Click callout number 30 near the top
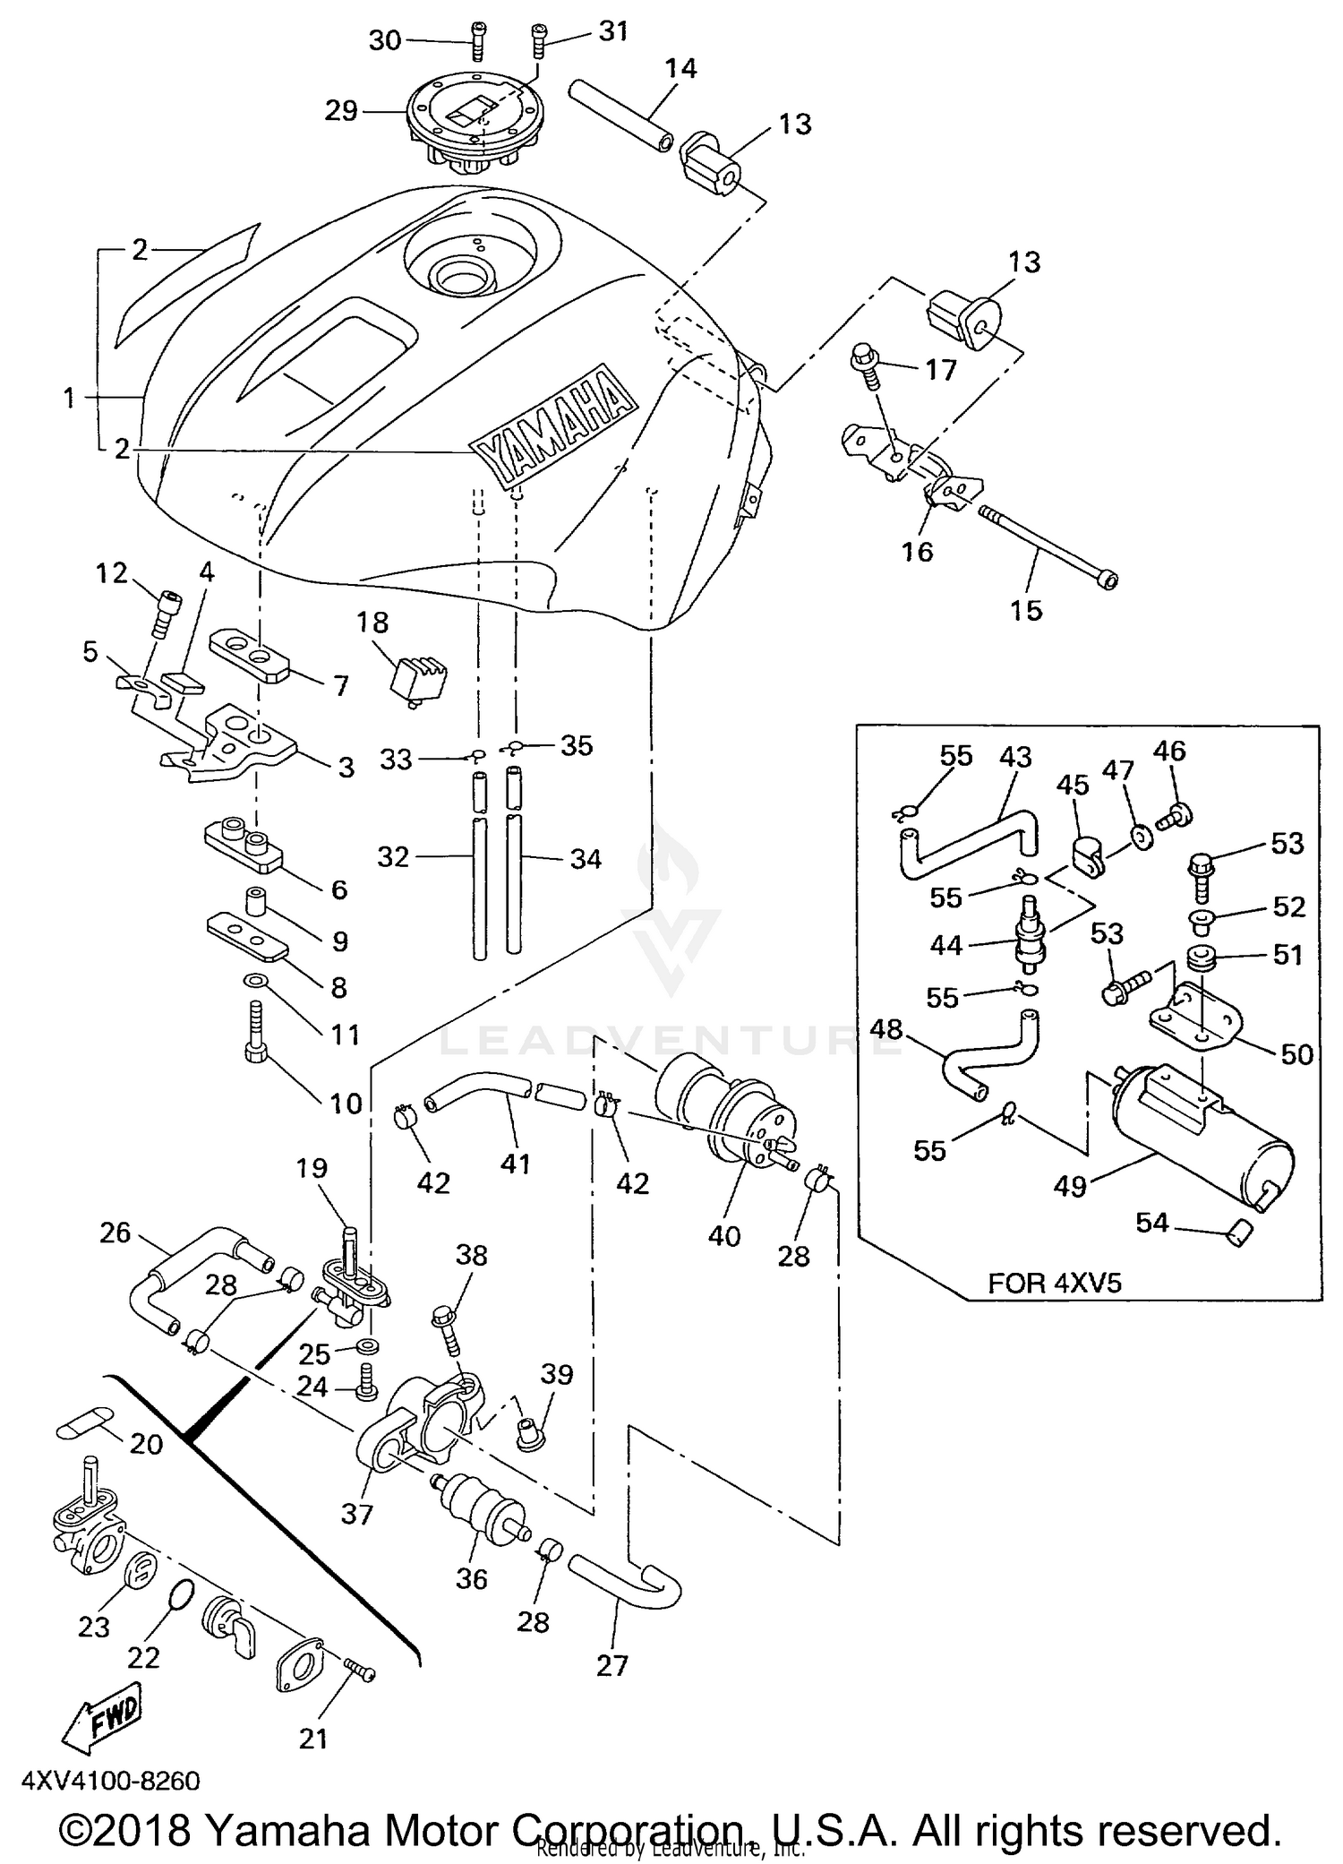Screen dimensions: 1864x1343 point(385,40)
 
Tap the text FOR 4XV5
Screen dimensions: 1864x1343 point(1054,1283)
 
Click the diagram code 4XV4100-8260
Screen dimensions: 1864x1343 point(109,1779)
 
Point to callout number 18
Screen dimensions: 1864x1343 point(372,622)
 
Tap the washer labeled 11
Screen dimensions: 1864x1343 point(254,981)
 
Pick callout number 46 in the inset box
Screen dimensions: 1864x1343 point(1168,750)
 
